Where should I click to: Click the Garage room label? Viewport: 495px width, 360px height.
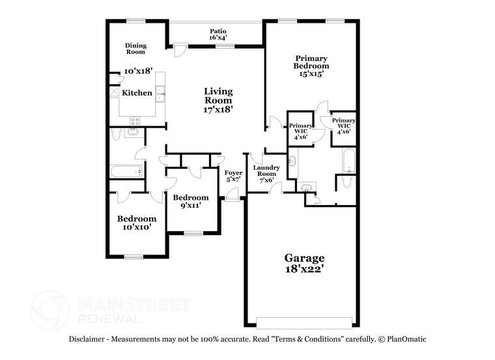304,258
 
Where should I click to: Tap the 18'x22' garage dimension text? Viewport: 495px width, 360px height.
304,268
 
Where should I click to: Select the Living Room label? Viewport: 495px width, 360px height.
218,96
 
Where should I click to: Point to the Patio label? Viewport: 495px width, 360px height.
218,31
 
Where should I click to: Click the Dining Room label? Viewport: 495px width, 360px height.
135,48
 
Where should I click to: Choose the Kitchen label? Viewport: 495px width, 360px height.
137,93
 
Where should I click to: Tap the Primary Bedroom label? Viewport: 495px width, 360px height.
311,62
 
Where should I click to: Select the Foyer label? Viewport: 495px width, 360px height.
234,173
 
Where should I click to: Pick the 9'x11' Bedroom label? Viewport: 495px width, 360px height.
190,197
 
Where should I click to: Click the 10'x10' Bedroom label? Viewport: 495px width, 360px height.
137,219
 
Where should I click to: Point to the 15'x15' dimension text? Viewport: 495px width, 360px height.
311,74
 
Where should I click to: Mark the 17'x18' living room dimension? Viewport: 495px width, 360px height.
218,109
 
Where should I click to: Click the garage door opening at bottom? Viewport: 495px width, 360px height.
304,322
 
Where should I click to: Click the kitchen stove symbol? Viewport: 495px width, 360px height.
135,120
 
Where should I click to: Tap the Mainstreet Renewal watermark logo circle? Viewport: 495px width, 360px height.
49,309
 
